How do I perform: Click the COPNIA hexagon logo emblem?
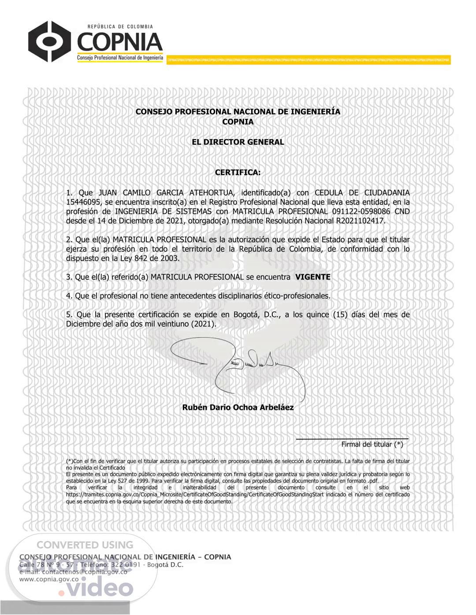[x=49, y=41]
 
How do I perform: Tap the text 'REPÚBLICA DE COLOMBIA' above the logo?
[x=120, y=26]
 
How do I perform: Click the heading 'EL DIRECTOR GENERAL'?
[x=238, y=142]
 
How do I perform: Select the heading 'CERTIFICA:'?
[x=238, y=172]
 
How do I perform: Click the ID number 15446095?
[x=83, y=202]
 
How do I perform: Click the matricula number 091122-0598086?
[x=361, y=211]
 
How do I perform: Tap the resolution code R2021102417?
[x=360, y=221]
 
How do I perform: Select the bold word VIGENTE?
[x=312, y=277]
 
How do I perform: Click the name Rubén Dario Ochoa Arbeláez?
[x=238, y=408]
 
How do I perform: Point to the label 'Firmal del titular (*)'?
[x=372, y=445]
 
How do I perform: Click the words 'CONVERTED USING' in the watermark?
[x=85, y=545]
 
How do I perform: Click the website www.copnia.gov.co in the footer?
[x=49, y=579]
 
